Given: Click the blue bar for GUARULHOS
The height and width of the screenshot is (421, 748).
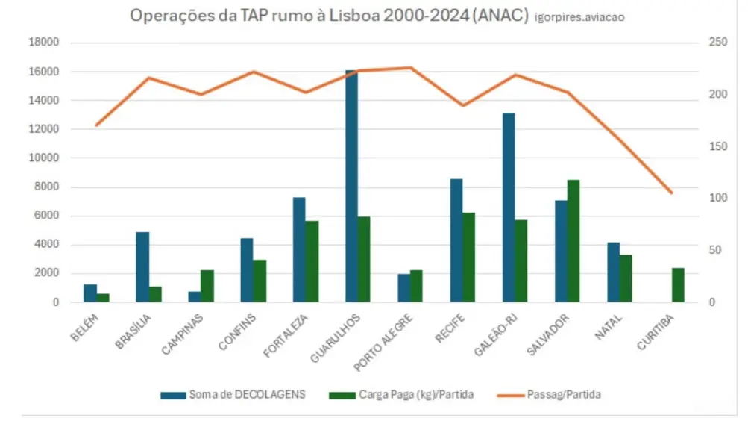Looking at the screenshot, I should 351,187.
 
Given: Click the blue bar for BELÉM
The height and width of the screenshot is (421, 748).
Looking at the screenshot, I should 90,293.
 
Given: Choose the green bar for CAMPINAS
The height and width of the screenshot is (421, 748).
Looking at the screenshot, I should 207,286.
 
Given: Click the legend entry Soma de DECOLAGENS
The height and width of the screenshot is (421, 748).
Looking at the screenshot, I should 234,394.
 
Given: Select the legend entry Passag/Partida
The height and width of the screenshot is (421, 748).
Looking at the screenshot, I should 551,394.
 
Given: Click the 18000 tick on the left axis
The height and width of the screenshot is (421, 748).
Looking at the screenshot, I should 44,43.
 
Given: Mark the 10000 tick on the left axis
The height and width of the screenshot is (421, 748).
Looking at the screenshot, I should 44,158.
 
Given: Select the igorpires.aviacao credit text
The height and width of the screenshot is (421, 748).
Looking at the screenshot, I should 579,16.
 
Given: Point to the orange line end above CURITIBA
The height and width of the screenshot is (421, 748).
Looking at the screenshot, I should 672,193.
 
